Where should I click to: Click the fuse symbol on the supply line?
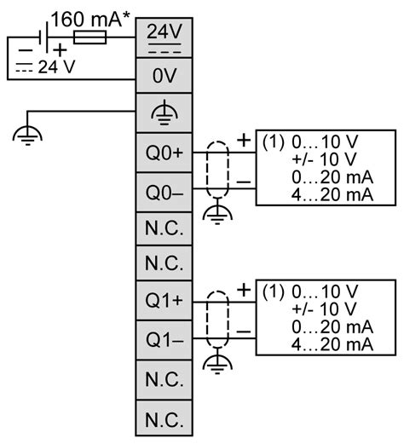point(89,37)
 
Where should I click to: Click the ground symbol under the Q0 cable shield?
point(219,213)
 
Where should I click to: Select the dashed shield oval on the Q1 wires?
point(219,320)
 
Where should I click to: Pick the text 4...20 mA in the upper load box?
point(332,195)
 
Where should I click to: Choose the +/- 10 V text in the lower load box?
point(323,308)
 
